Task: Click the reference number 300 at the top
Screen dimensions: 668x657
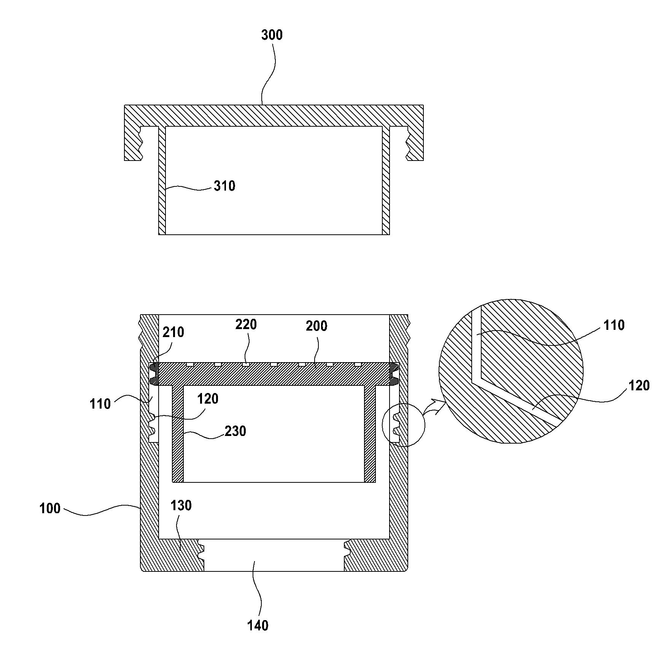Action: click(x=272, y=35)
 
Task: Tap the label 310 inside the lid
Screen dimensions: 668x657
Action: click(x=224, y=186)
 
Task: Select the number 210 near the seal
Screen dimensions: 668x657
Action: click(x=173, y=332)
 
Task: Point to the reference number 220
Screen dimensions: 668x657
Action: click(x=246, y=325)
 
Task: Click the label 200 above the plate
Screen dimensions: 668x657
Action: click(x=316, y=326)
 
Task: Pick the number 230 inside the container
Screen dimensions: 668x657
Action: click(x=235, y=431)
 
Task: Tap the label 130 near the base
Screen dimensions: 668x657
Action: click(x=181, y=506)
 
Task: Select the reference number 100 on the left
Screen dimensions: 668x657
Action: click(x=50, y=509)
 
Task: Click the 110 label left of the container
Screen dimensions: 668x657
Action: click(x=100, y=404)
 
